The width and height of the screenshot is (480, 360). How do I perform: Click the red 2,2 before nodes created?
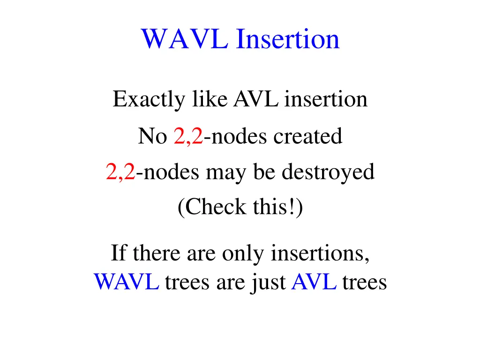(x=188, y=136)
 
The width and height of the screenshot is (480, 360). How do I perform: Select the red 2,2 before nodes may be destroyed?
(x=120, y=172)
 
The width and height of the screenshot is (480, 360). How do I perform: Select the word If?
(x=118, y=254)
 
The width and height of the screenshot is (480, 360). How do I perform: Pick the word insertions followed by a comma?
(x=320, y=254)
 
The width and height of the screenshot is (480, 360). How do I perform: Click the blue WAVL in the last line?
(x=126, y=282)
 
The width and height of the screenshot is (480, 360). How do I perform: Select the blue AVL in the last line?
(x=314, y=282)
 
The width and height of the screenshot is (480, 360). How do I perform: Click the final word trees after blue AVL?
(x=364, y=282)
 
